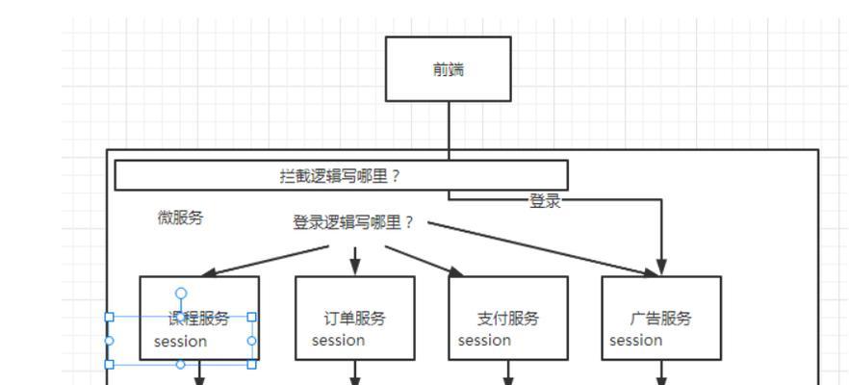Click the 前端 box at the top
pos(449,68)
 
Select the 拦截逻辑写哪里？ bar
pos(341,175)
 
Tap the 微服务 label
pos(180,218)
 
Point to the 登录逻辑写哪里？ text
pos(352,222)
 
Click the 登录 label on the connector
pos(545,201)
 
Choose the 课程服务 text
pos(200,319)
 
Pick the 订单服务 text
pos(354,319)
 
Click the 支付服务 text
pos(508,319)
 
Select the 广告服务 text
pos(661,319)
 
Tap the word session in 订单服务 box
pos(338,340)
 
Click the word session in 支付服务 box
pos(484,340)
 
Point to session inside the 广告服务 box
pos(635,340)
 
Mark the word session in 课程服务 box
pos(180,342)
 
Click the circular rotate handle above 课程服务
pos(180,293)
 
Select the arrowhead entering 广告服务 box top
pos(661,269)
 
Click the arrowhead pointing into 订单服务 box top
pos(354,269)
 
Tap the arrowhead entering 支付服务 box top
pos(455,271)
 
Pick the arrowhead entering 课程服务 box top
pos(209,273)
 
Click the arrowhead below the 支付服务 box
pos(508,379)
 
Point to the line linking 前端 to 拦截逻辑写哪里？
pos(449,130)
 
